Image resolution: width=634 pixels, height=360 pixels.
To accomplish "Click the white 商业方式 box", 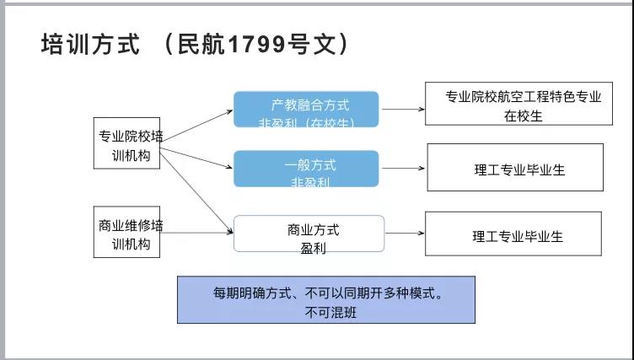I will tap(309, 234).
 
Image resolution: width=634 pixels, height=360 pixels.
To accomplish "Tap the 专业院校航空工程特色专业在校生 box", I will tap(518, 105).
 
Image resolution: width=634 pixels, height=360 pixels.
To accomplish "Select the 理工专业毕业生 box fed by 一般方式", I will tap(515, 167).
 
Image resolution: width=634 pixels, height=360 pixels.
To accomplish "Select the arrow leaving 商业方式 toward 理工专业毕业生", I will tap(403, 234).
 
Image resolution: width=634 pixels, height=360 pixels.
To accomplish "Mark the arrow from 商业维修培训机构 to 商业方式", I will tap(196, 228).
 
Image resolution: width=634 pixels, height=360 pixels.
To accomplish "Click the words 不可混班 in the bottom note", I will tap(326, 311).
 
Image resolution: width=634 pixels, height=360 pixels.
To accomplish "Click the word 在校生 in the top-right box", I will tap(523, 116).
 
